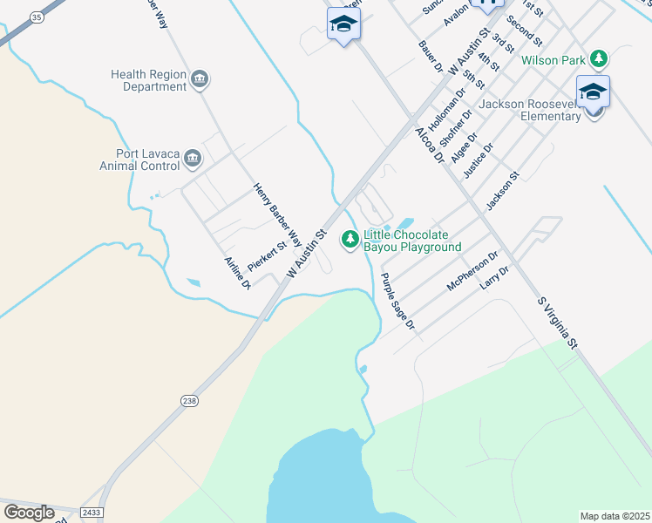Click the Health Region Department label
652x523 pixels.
pos(147,81)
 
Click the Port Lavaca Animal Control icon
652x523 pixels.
pos(193,160)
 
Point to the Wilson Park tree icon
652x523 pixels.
pos(598,59)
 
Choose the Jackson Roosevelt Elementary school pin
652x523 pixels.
pos(593,92)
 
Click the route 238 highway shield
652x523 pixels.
pos(190,400)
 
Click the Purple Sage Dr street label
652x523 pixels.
pos(397,301)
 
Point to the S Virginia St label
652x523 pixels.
pos(558,323)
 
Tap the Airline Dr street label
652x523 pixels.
pos(238,273)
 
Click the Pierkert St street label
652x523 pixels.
pos(267,256)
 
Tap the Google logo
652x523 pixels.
pos(28,513)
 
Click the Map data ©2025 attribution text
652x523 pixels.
pos(615,516)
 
